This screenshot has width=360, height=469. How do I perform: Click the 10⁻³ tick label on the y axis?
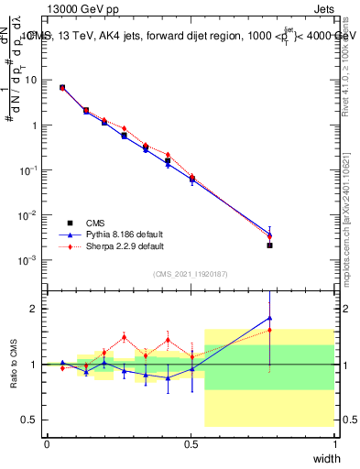point(28,260)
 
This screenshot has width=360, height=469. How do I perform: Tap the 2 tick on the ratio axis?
point(35,309)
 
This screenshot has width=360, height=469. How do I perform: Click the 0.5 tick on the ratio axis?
point(31,420)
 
